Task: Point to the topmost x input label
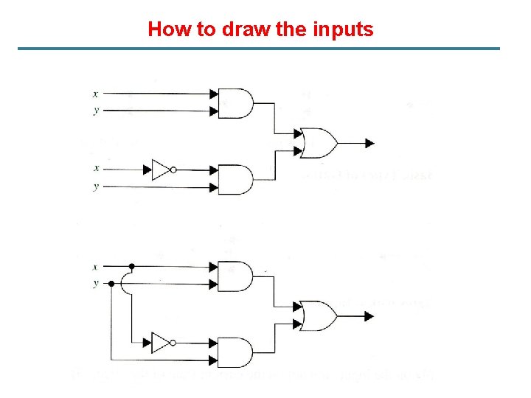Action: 96,94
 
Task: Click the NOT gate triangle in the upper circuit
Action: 160,170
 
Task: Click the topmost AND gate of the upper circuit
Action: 235,104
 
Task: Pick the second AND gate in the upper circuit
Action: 235,179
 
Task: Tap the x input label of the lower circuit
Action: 96,266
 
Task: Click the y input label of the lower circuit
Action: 96,283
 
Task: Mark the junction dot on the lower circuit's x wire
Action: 131,266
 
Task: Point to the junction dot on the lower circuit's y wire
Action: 111,283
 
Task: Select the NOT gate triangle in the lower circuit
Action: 160,343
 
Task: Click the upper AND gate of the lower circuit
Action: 235,276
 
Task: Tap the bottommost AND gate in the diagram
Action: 235,352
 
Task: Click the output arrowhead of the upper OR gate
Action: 369,143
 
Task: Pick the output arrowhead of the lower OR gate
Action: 369,316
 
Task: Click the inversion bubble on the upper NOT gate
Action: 173,170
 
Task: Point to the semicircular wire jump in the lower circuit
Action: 128,283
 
